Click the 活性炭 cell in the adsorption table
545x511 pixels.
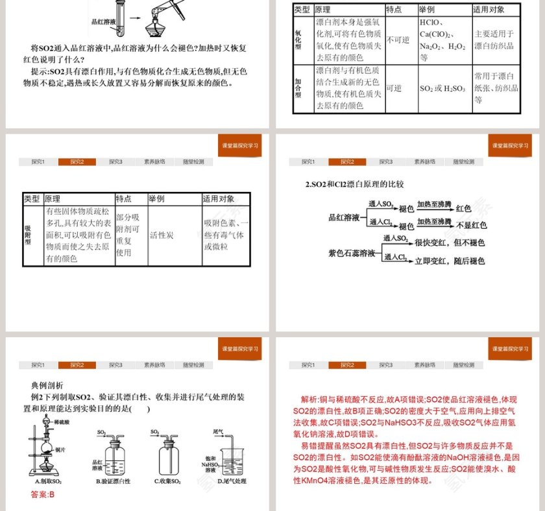162,235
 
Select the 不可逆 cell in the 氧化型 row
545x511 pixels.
398,40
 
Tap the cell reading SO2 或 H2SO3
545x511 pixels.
442,88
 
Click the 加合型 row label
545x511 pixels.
298,89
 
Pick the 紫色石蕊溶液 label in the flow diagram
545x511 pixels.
352,254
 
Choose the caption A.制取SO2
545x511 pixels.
49,481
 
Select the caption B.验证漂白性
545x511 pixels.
113,481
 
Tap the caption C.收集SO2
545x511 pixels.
167,481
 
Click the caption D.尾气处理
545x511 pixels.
232,481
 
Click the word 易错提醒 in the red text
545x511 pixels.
317,446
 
